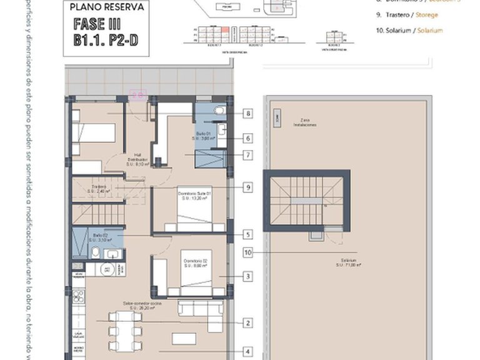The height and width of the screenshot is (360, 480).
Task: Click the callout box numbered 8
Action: [248, 114]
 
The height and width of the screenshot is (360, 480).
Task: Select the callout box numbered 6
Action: [248, 138]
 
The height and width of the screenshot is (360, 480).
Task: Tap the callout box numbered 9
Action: [248, 187]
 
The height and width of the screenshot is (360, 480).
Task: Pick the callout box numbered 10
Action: [248, 252]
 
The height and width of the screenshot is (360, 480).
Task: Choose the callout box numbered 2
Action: [248, 322]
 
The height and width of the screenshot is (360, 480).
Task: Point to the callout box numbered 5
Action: [248, 234]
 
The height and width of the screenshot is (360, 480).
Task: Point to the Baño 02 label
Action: [100, 237]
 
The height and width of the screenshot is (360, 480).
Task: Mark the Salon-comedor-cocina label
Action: [143, 305]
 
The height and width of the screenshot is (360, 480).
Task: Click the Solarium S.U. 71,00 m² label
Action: [348, 262]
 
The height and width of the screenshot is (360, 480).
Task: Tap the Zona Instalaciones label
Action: [305, 122]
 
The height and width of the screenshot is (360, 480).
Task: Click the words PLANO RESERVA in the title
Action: [107, 7]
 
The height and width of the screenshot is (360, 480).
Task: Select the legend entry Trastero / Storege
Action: [408, 14]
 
